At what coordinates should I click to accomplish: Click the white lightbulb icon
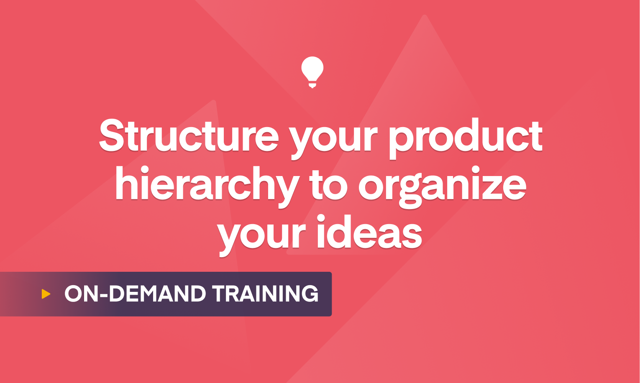click(312, 72)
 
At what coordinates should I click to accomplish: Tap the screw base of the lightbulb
click(312, 85)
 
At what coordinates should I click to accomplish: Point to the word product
click(466, 138)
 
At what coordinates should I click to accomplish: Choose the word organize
click(442, 187)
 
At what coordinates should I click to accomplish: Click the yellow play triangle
click(46, 294)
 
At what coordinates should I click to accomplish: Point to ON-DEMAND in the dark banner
click(135, 294)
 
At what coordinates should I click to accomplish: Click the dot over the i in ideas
click(321, 219)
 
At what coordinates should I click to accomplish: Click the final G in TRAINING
click(310, 294)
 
